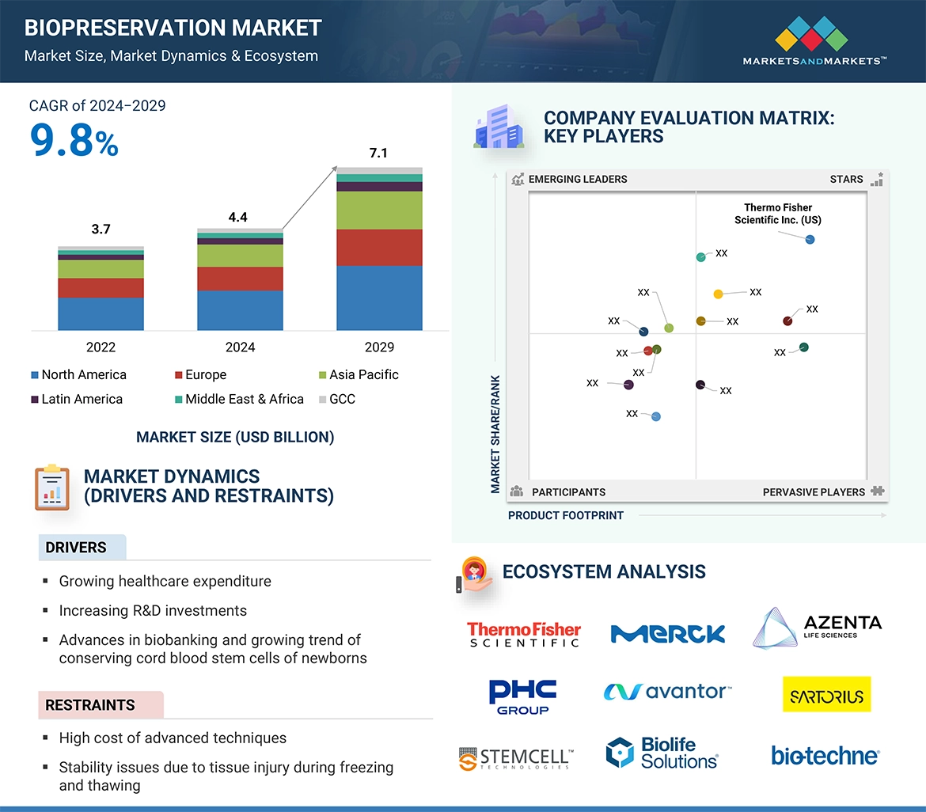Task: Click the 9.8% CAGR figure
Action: pos(74,141)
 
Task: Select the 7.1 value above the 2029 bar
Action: pos(378,153)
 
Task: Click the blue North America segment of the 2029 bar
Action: pos(379,298)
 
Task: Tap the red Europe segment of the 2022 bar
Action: pos(101,287)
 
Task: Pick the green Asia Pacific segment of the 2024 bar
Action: pos(240,255)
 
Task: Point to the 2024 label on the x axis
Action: pos(240,347)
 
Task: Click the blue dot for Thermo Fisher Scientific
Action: pos(810,239)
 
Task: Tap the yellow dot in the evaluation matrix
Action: pos(718,294)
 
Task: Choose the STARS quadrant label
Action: pos(846,179)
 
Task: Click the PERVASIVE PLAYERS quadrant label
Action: pos(814,491)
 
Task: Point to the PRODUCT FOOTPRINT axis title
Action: pos(565,515)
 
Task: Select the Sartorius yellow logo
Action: pos(826,694)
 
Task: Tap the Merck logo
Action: pos(667,633)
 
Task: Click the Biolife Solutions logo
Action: pos(662,753)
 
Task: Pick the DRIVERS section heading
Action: pos(76,547)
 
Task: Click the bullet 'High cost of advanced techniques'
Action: pos(173,738)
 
